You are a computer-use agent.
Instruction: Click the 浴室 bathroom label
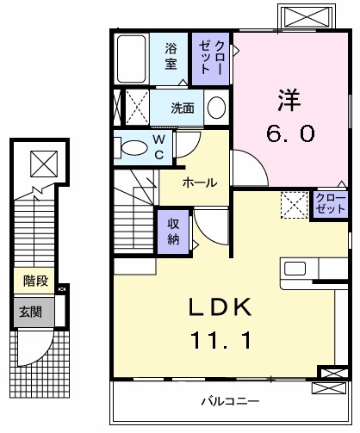coord(171,55)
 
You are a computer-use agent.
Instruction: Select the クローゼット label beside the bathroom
coord(211,57)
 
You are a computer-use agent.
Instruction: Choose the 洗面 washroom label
coord(182,108)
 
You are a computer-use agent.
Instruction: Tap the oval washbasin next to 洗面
coord(216,109)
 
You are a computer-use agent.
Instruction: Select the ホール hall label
coord(199,182)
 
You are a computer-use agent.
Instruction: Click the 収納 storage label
coord(172,230)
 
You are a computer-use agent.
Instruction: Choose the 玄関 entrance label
coord(31,310)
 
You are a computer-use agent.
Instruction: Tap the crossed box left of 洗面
coord(136,108)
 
